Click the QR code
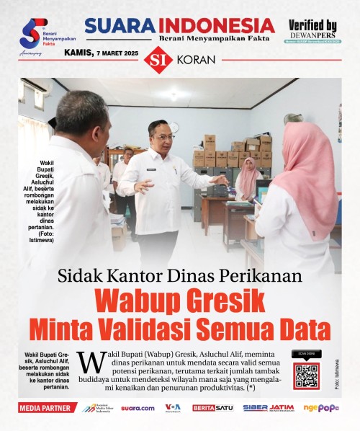click(306, 376)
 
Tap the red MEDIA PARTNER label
click(48, 408)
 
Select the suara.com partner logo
click(138, 408)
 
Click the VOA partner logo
click(173, 408)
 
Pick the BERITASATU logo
click(212, 408)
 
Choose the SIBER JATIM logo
click(268, 408)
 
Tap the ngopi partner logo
click(321, 408)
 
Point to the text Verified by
click(312, 25)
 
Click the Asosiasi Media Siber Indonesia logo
click(96, 408)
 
